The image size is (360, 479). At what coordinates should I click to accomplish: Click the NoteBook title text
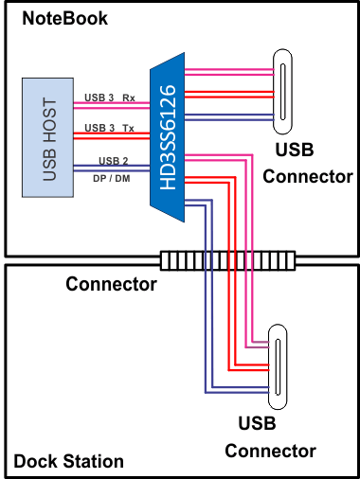click(64, 18)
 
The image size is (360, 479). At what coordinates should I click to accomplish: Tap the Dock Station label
click(68, 462)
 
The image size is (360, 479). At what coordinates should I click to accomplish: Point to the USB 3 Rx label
click(109, 97)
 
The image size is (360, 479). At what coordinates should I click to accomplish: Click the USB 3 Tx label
click(109, 127)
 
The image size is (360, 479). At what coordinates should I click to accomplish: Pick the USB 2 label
click(108, 159)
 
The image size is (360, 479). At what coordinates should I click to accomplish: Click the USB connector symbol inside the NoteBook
click(282, 93)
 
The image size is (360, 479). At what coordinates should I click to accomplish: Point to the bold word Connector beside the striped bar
click(111, 283)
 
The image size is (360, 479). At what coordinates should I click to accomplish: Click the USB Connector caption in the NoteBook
click(307, 163)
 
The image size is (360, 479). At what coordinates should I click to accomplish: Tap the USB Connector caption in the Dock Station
click(270, 437)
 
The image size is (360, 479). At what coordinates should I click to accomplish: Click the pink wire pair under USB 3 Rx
click(109, 106)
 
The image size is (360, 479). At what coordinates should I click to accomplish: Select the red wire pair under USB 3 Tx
click(109, 136)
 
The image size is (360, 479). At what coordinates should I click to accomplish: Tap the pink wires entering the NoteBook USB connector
click(232, 69)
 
